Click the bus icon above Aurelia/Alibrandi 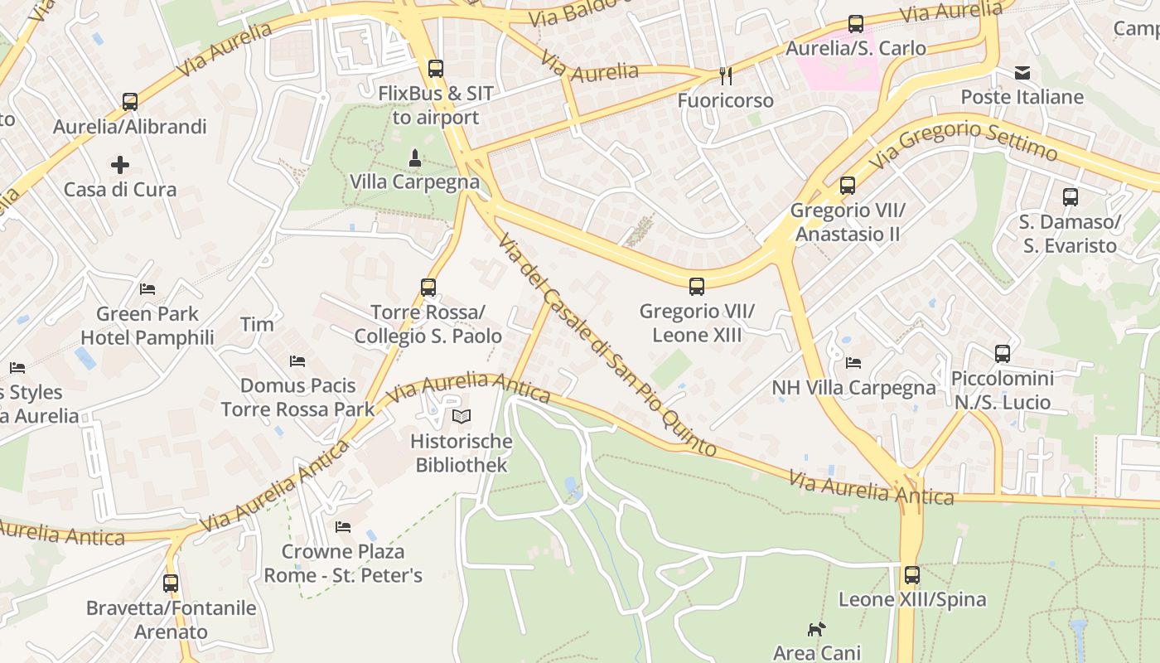(x=130, y=102)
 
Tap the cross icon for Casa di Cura (x=120, y=164)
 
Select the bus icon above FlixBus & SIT (x=436, y=69)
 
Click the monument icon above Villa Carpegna (x=415, y=157)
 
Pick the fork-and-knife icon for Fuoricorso (x=726, y=76)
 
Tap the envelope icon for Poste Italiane (x=1022, y=73)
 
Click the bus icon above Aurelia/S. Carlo (x=856, y=24)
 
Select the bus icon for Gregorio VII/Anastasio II (x=847, y=185)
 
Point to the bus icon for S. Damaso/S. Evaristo (x=1071, y=197)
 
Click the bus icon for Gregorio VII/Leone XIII (x=697, y=287)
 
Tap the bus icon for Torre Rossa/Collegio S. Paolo (x=428, y=288)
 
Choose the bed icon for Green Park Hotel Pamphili (x=147, y=289)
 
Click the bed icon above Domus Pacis (x=297, y=361)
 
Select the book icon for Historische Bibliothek (x=462, y=416)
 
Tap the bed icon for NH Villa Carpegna (x=853, y=363)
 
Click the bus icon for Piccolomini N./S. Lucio (x=1003, y=354)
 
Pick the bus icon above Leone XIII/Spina (x=912, y=574)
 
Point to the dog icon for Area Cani (x=816, y=629)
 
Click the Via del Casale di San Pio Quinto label (x=607, y=345)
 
